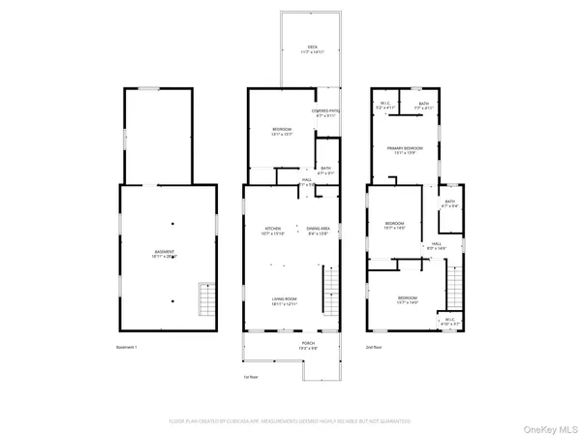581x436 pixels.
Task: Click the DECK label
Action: (x=312, y=47)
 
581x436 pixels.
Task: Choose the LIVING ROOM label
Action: (x=284, y=301)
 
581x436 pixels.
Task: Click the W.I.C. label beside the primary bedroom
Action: (x=384, y=105)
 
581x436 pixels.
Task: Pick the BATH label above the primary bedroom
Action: (x=424, y=105)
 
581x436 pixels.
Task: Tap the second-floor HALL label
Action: (x=436, y=245)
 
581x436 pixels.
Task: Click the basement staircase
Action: (x=204, y=298)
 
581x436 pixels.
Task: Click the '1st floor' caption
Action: (x=252, y=378)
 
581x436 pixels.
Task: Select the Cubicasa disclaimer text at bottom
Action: (x=290, y=421)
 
